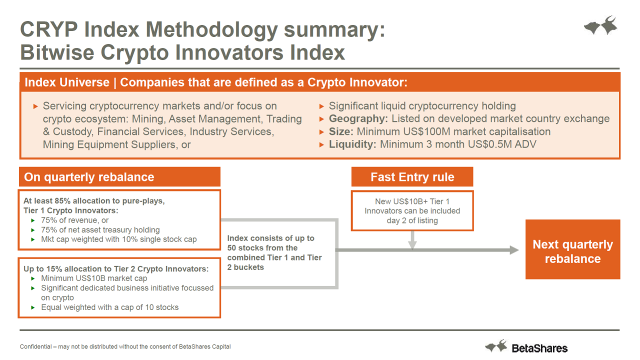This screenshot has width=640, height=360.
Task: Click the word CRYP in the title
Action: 49,29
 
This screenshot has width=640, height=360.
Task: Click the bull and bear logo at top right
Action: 600,25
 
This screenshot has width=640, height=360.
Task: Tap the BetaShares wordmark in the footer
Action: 539,348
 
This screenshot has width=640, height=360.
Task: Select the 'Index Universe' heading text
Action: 67,82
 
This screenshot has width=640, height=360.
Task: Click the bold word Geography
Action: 358,118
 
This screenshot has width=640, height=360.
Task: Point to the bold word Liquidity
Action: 352,144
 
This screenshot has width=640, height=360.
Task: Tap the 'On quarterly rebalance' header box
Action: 119,177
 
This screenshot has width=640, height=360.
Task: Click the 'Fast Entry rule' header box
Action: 412,177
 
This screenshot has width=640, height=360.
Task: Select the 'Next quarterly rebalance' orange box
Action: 573,249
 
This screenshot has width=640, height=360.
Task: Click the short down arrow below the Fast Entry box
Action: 412,240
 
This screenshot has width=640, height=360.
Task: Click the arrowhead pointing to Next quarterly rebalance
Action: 514,250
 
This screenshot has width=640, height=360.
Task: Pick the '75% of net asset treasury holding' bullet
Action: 100,229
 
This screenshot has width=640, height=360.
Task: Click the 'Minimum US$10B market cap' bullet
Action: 94,278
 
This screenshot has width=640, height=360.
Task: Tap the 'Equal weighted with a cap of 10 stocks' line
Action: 109,307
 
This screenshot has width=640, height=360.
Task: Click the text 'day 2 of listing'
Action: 412,220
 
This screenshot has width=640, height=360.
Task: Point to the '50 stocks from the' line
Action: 262,247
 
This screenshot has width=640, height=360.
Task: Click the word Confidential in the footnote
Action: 35,346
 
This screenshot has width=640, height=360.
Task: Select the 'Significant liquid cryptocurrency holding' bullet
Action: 422,106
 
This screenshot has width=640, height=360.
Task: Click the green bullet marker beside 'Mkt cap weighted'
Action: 33,239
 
